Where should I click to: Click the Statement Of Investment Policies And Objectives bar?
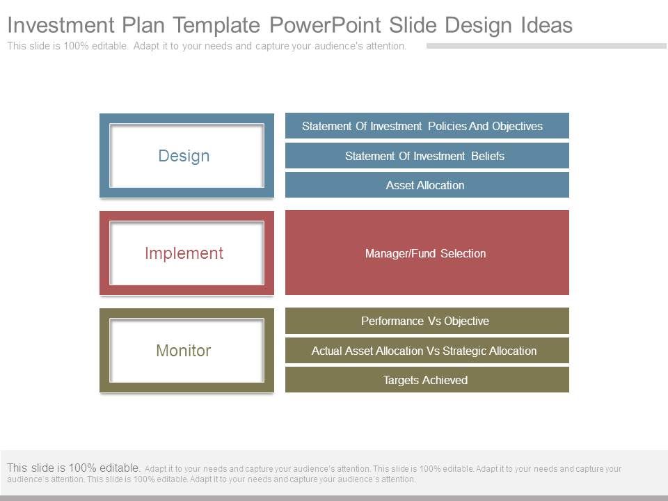(427, 126)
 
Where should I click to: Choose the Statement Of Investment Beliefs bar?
(427, 156)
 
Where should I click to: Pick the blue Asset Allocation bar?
(427, 185)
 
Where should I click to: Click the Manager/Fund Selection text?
(425, 253)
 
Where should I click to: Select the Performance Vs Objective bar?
(427, 321)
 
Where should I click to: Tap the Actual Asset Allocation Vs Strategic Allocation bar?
(427, 351)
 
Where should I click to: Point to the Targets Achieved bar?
(427, 380)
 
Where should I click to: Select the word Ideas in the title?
(546, 26)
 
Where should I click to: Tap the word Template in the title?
(217, 26)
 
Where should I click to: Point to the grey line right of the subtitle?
(546, 46)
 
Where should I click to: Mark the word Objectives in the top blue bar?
(517, 126)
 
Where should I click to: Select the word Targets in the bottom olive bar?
(402, 380)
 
